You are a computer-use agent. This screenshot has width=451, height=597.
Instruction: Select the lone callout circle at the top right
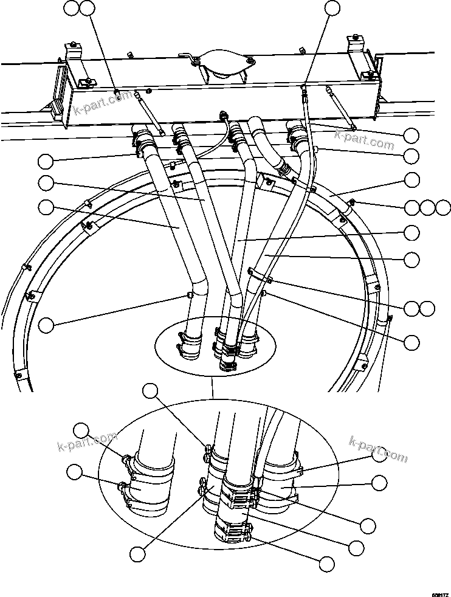332,8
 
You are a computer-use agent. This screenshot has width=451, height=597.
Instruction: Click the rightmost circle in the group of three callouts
443,207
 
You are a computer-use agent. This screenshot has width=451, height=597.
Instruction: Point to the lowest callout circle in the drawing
327,564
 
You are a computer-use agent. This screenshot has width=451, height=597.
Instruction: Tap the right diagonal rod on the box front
341,108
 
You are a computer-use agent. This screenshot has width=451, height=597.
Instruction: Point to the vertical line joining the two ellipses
212,389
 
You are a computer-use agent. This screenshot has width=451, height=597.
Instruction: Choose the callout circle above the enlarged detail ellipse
150,390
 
